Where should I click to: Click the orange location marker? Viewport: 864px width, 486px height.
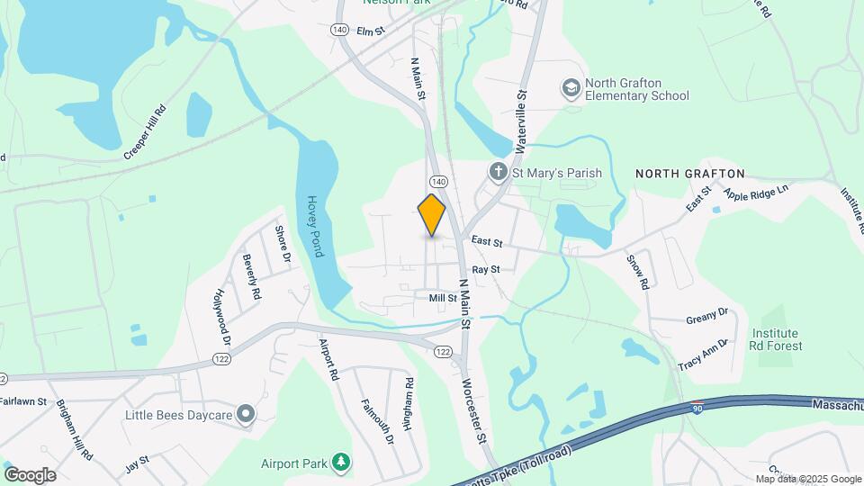point(432,215)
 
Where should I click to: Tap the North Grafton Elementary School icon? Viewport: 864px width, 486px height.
point(570,88)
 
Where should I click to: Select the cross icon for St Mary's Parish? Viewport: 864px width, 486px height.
point(498,172)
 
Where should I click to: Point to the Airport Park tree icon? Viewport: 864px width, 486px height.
point(340,463)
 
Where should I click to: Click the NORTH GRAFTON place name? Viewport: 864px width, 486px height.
point(690,173)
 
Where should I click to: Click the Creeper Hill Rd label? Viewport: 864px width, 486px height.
point(147,133)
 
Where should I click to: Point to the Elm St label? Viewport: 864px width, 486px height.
point(371,31)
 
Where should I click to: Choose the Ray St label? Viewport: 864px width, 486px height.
point(485,269)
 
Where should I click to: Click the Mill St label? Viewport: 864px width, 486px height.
point(443,297)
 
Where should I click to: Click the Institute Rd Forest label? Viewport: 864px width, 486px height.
point(777,339)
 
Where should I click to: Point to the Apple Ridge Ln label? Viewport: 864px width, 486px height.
point(756,191)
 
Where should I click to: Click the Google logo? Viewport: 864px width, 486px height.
point(30,475)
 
